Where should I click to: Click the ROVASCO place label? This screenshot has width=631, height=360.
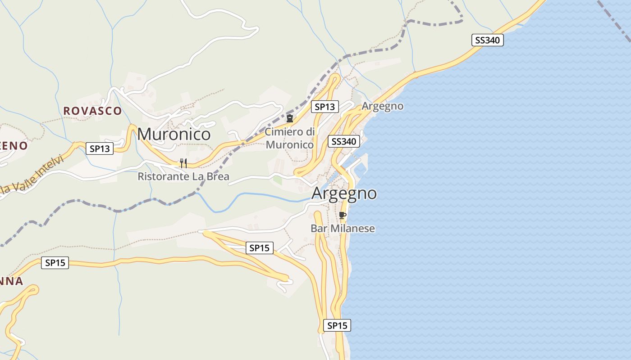pos(92,111)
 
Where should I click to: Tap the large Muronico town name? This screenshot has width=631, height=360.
pos(174,134)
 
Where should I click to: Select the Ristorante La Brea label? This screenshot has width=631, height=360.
pos(183,176)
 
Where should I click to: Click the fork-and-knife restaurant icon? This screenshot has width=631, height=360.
pos(183,163)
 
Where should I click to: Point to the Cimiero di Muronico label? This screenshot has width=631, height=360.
pos(289,138)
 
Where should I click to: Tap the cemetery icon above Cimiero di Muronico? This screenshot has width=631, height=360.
pos(290,118)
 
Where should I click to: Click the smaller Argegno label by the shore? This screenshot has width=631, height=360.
pos(383,106)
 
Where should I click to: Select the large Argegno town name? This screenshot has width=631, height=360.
pos(344,193)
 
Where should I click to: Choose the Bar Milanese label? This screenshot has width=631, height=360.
pos(343,228)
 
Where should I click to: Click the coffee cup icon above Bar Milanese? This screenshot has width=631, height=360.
pos(342,215)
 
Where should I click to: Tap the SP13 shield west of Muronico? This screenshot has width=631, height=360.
pos(100,148)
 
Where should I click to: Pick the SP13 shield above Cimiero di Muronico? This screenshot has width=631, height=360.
pos(325,107)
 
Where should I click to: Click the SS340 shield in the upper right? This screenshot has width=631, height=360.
pos(487,40)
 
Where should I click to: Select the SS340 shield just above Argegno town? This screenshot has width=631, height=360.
pos(344,141)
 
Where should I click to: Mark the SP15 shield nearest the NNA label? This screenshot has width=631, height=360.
pos(55,263)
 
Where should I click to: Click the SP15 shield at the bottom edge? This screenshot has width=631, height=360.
pos(337,325)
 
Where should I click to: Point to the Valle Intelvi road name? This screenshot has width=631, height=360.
pos(32,175)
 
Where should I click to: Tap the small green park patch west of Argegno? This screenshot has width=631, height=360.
pos(278,180)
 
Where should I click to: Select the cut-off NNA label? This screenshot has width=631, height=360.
pos(11,281)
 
